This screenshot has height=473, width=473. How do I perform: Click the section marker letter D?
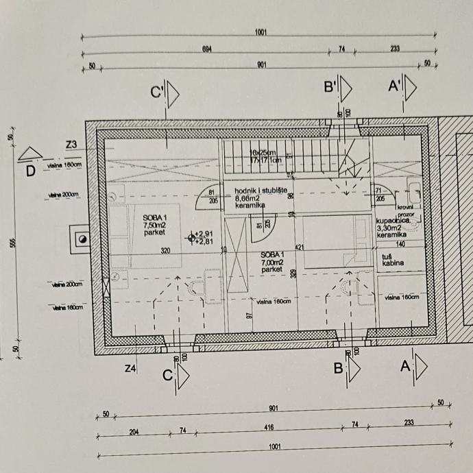30,170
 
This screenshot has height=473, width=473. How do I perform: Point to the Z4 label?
131,369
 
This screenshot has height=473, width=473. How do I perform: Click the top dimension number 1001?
260,32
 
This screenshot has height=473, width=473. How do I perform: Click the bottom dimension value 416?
269,428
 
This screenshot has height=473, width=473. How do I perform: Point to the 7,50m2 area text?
155,224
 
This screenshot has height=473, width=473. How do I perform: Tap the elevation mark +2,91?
204,234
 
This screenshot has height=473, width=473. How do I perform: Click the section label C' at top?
157,92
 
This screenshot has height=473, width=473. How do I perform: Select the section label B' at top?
330,87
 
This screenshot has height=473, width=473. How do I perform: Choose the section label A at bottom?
405,367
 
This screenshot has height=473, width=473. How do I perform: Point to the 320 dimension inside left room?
165,251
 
